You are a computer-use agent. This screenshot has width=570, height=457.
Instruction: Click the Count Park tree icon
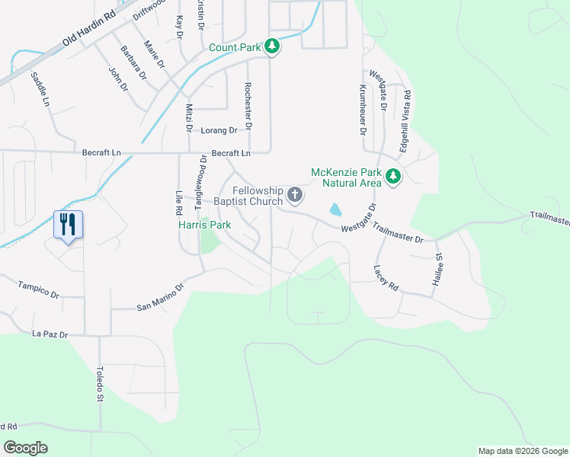tap(272, 47)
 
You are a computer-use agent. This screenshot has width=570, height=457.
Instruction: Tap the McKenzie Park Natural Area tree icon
tap(393, 177)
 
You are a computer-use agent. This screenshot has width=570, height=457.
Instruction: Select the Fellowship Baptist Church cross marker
tap(295, 196)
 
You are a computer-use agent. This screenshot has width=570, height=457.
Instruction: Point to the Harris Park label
tap(203, 225)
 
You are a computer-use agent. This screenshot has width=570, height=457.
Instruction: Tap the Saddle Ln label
tap(40, 89)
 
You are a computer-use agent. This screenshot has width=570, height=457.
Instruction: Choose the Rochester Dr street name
tap(248, 105)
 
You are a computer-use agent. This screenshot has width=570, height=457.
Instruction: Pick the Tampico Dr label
tap(38, 288)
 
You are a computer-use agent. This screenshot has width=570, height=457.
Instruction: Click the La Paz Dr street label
tap(50, 334)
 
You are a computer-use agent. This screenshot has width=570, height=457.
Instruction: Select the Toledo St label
tap(99, 385)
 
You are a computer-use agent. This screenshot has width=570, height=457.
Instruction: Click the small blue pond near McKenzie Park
tap(335, 209)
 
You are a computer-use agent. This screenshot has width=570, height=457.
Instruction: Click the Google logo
tap(25, 447)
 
